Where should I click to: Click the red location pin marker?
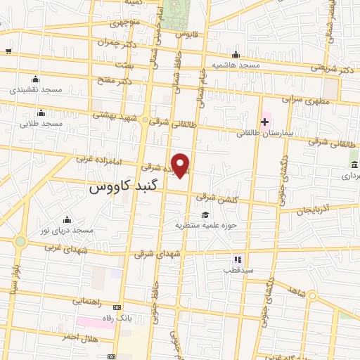click(x=181, y=165)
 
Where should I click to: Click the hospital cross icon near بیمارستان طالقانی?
click(x=264, y=122)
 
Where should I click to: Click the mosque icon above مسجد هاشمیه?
click(x=236, y=55)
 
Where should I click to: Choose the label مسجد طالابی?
click(x=41, y=123)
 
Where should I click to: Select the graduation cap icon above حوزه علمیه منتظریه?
click(x=205, y=215)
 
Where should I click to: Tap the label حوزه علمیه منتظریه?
click(x=205, y=225)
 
